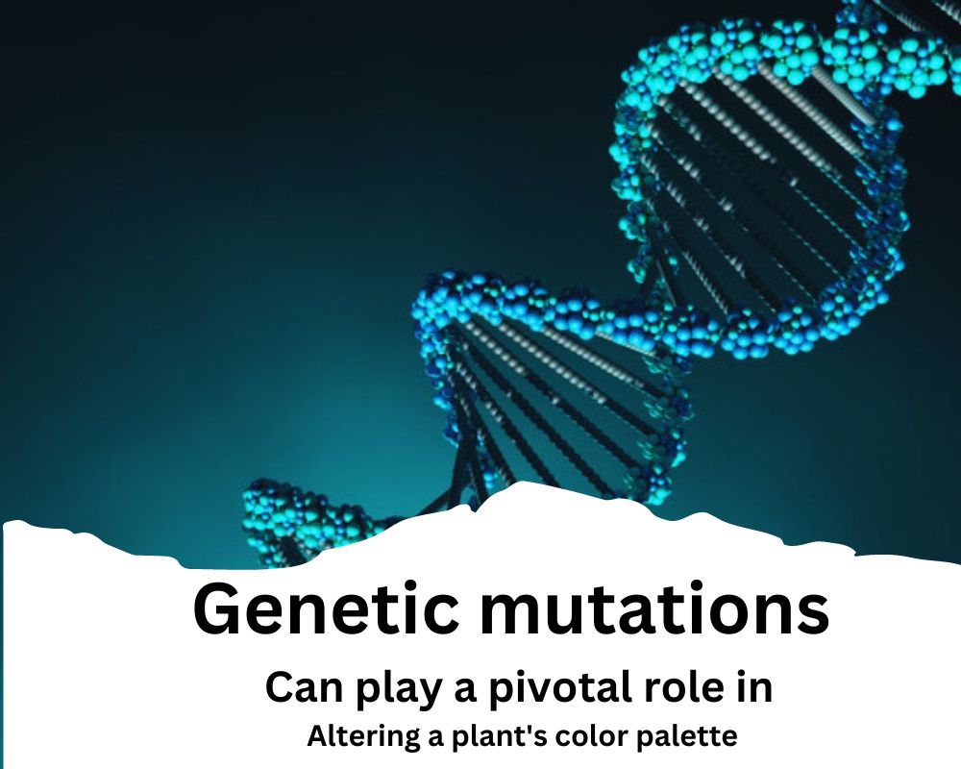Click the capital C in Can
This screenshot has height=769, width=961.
tap(279, 687)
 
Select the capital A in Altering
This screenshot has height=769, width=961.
tap(318, 736)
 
